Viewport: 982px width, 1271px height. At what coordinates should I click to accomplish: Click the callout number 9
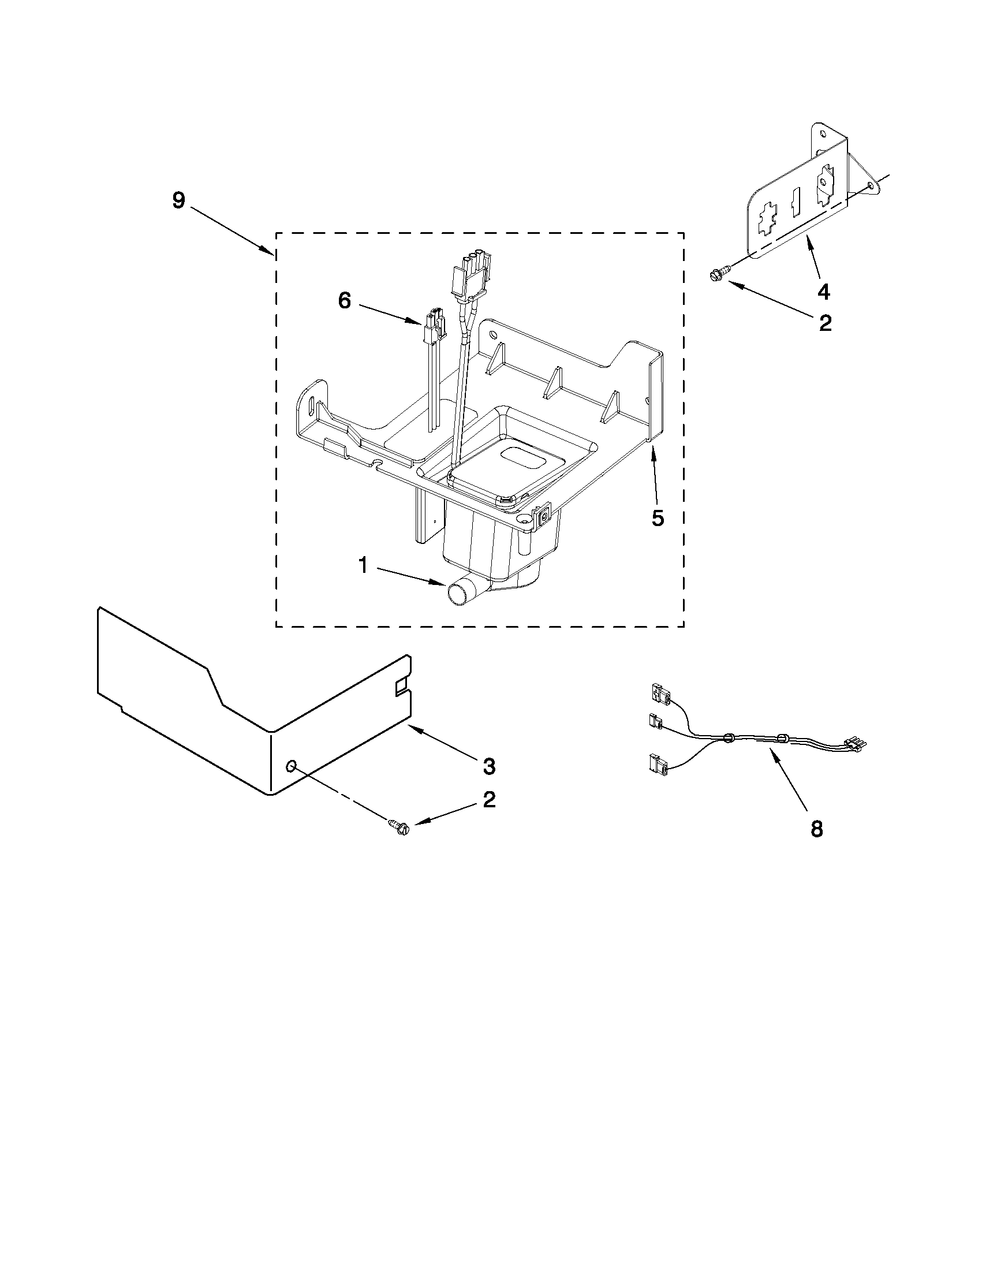[178, 200]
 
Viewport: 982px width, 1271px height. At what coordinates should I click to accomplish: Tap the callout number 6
[345, 301]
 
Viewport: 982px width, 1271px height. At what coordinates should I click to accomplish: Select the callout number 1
[363, 565]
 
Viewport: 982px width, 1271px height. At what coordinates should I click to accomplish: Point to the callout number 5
[658, 518]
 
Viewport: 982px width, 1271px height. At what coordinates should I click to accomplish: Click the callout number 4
[823, 291]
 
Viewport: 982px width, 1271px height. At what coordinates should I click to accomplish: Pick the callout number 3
[489, 766]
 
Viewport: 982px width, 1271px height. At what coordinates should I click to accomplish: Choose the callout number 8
[817, 829]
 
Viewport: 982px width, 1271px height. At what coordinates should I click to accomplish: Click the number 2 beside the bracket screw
[825, 323]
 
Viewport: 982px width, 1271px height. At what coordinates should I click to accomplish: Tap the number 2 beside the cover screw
[489, 800]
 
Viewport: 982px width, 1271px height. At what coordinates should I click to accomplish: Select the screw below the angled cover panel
[399, 826]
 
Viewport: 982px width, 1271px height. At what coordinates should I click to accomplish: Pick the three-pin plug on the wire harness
[854, 742]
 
